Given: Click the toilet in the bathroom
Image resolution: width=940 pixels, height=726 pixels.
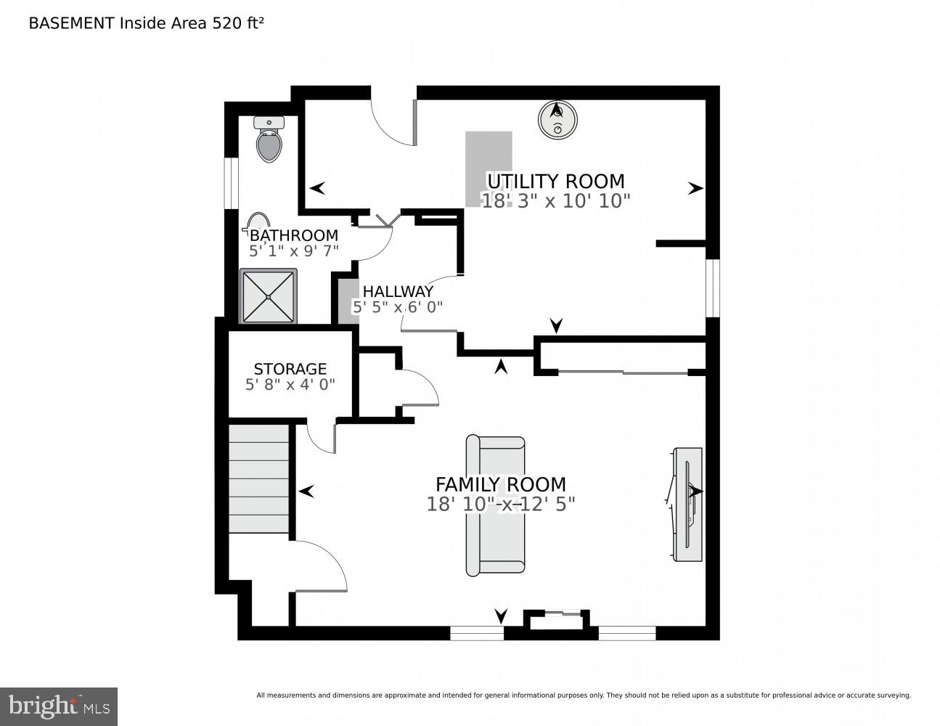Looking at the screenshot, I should (x=269, y=140).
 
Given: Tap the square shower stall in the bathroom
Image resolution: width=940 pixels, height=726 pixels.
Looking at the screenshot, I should (x=269, y=296).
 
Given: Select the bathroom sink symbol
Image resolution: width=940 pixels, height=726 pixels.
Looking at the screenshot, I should (x=257, y=221).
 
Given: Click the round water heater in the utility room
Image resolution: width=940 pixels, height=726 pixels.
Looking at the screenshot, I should (x=557, y=119).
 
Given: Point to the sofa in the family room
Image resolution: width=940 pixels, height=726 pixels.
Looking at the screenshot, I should (x=496, y=505).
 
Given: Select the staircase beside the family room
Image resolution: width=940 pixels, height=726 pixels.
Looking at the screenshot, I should (x=259, y=478).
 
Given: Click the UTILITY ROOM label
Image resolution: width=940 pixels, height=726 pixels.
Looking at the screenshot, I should (x=555, y=181).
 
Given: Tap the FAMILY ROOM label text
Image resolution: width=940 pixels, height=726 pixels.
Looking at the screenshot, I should (x=500, y=484).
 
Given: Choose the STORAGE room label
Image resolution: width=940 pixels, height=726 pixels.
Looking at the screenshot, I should (x=290, y=369).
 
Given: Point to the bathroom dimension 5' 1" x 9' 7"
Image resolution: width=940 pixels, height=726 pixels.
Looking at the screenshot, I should (x=293, y=251).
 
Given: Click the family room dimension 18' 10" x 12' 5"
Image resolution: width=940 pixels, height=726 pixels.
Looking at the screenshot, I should (x=500, y=504).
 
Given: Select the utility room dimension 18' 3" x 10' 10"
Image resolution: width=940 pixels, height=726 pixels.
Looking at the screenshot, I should (x=556, y=200).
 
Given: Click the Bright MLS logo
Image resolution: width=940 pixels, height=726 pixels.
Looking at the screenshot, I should (x=58, y=706).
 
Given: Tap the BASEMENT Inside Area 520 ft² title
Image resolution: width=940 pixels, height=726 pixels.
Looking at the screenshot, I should (x=146, y=23).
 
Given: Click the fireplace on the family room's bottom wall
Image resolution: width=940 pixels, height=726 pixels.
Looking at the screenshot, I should (x=556, y=621).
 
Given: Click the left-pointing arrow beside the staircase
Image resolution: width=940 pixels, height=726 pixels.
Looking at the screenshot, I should (x=306, y=492).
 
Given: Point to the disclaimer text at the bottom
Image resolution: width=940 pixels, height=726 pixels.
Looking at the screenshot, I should (x=583, y=696).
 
